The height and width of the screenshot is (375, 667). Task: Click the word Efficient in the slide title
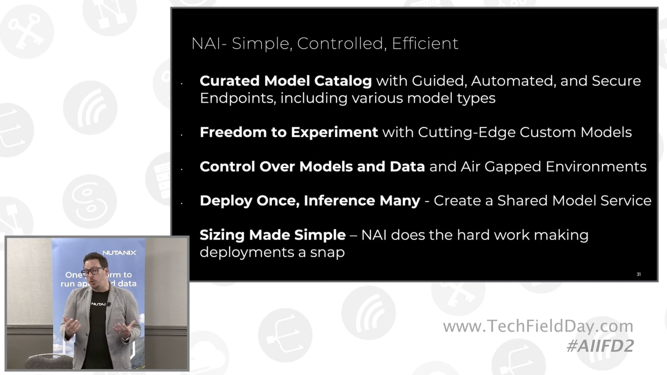(425, 44)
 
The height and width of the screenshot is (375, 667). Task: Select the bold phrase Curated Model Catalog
(286, 81)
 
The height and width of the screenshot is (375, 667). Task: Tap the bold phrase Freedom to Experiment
(289, 132)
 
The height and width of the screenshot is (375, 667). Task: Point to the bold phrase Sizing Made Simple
(273, 235)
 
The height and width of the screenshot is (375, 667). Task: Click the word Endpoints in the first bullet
(238, 98)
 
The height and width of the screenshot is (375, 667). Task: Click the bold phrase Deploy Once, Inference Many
(310, 201)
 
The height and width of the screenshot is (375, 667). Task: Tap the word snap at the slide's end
(327, 252)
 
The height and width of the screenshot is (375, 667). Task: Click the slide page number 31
(639, 274)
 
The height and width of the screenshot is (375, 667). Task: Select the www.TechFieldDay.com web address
(538, 326)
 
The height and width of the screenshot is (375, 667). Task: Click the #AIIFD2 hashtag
(600, 346)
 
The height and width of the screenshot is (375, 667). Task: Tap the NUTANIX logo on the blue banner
(119, 253)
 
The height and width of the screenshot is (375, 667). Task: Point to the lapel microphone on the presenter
(109, 304)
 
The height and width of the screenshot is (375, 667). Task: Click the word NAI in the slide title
(206, 44)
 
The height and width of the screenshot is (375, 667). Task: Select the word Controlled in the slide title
(340, 44)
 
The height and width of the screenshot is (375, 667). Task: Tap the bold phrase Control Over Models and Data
(312, 167)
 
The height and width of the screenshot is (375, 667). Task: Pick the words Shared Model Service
(574, 201)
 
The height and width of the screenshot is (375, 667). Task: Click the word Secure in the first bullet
(616, 81)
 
